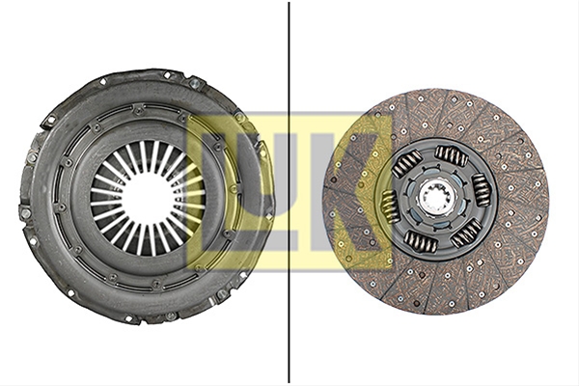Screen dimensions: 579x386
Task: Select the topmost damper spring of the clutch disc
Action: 452,154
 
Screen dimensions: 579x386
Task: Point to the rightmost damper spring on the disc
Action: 482,189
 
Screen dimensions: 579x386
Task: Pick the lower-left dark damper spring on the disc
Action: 420,241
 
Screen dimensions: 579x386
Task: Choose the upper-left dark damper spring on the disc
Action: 406,163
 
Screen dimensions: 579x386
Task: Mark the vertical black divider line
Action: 289,192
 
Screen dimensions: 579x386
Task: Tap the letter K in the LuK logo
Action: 354,192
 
